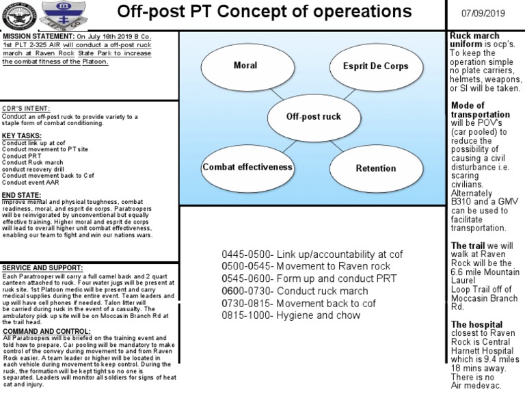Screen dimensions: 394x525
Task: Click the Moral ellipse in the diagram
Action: [245, 66]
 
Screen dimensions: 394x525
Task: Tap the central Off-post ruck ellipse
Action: [313, 117]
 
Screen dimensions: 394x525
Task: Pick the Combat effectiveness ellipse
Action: [247, 168]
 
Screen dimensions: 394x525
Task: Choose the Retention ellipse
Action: [375, 168]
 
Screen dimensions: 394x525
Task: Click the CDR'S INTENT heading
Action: [26, 109]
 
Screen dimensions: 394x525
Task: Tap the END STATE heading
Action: [21, 196]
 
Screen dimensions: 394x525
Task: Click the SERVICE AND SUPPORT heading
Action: [42, 267]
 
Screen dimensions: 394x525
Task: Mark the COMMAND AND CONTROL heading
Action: [45, 330]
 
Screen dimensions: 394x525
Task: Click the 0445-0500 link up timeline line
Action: [312, 254]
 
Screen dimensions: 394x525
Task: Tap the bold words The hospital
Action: [476, 324]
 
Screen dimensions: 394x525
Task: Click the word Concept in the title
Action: [259, 12]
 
